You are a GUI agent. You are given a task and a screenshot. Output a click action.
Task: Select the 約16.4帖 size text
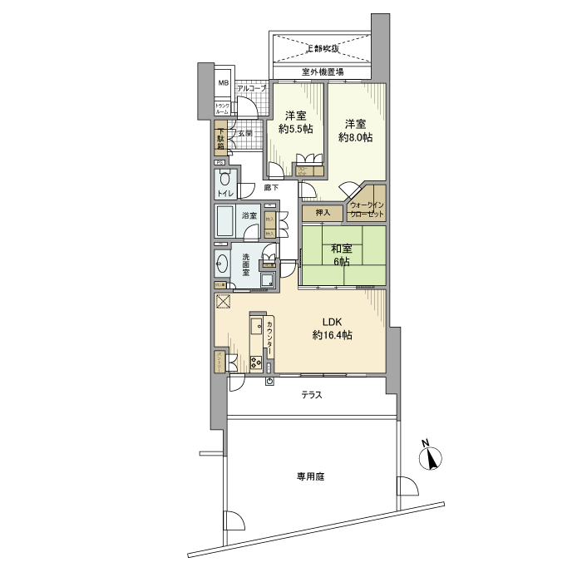[333, 335]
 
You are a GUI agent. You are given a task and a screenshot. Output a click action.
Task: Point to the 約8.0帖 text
[355, 137]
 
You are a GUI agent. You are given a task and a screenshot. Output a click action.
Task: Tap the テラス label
[312, 395]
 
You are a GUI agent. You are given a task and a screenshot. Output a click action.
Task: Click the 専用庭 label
[310, 476]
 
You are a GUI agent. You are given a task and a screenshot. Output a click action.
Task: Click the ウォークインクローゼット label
[367, 210]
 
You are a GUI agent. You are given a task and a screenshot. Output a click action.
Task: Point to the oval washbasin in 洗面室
[222, 265]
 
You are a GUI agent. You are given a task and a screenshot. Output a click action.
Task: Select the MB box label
[223, 84]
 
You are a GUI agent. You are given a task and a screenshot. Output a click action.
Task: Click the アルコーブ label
[250, 88]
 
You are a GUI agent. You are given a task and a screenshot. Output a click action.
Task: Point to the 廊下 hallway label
[271, 188]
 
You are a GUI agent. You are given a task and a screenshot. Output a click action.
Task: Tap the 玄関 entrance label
[245, 133]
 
